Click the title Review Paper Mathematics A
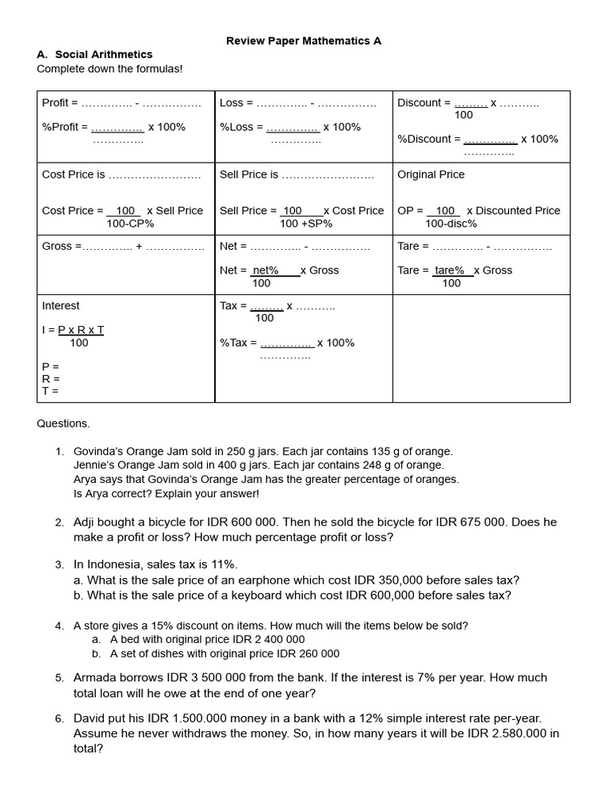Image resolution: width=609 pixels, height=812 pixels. coord(304,40)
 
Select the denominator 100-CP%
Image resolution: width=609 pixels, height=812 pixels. coord(130,224)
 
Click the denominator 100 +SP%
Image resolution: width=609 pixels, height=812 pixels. coord(305,224)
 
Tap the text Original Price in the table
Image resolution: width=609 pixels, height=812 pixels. coord(431,174)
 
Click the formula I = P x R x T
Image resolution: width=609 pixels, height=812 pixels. coord(73,330)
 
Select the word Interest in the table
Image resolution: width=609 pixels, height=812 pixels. coord(60,305)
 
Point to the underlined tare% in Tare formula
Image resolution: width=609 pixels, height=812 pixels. coord(450,270)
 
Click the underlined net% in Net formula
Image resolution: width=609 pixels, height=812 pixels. coord(266,270)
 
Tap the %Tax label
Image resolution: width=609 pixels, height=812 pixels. coord(238,343)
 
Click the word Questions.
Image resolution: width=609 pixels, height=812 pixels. coord(63,423)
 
